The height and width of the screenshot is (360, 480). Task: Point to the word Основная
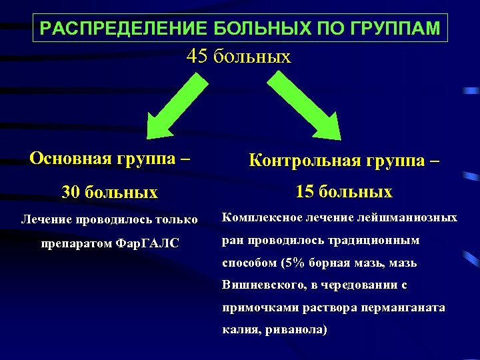[71, 158]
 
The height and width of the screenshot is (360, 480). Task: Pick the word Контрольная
[305, 161]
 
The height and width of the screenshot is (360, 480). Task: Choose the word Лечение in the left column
[46, 219]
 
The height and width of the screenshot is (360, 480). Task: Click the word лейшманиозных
[414, 217]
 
